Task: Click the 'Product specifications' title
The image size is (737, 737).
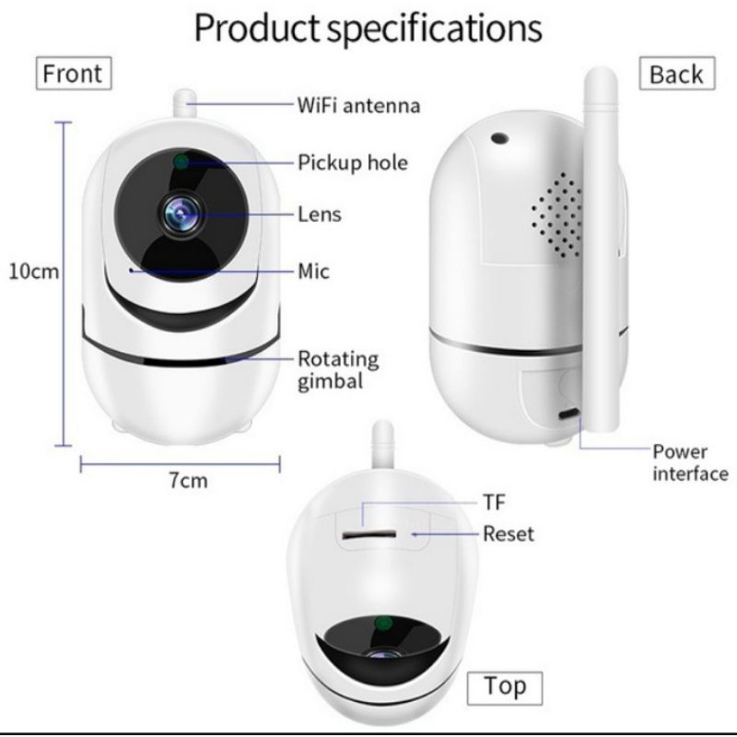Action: (x=368, y=29)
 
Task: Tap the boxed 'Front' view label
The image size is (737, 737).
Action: (x=73, y=73)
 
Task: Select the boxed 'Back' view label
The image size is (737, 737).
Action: (x=675, y=75)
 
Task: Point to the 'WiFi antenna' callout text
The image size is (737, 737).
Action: (x=358, y=105)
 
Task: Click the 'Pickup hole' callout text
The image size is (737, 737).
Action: (x=352, y=163)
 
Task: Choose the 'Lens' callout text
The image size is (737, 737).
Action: (x=319, y=215)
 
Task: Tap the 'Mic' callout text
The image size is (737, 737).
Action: (x=313, y=271)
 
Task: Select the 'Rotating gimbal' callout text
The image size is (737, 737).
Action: (x=337, y=368)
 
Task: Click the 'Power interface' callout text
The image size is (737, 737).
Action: (x=689, y=462)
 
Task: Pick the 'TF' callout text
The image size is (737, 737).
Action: (x=494, y=502)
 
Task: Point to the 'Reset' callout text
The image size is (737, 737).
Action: (x=508, y=533)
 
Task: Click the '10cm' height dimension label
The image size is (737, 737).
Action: (x=33, y=272)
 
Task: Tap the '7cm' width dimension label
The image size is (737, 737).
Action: (x=187, y=480)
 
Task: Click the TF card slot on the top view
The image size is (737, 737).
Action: (x=368, y=533)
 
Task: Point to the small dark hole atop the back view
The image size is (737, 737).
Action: (x=500, y=139)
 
